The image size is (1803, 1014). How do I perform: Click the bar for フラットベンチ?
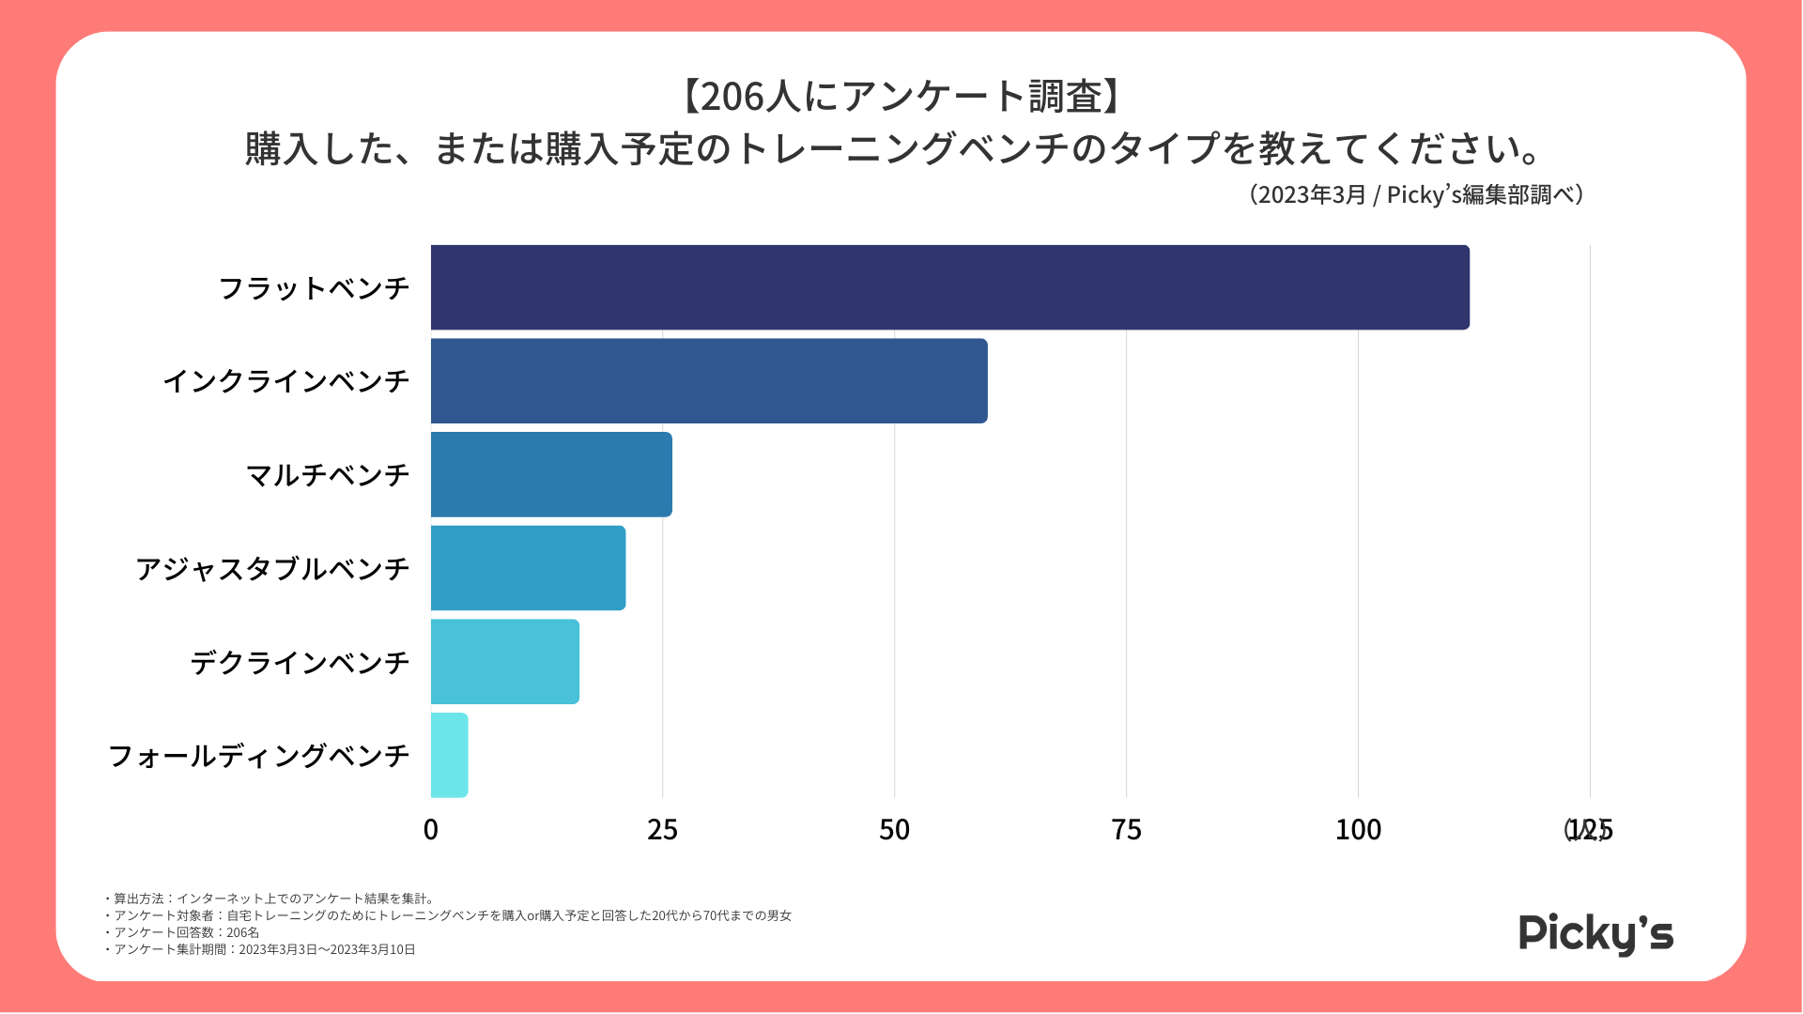(949, 287)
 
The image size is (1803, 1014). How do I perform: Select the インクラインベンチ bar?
(709, 381)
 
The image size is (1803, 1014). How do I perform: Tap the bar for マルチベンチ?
(551, 474)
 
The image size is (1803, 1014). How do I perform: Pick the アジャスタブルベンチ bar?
(528, 568)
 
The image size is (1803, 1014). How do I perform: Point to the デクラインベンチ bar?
(504, 662)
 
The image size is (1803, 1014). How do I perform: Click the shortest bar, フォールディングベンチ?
(449, 755)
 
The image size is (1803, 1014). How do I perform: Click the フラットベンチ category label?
(314, 288)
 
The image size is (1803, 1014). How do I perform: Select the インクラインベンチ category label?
(286, 381)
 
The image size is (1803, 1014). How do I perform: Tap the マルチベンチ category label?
(328, 475)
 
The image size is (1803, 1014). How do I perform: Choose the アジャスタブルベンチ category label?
(272, 569)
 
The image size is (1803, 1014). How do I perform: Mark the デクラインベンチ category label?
(300, 663)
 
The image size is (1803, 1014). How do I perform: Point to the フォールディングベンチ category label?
(259, 756)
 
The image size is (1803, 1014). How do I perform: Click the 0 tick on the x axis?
(431, 830)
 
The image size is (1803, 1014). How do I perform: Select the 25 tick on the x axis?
(663, 830)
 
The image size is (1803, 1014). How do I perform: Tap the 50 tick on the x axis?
(895, 830)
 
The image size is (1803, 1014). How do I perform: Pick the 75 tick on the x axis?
(1126, 830)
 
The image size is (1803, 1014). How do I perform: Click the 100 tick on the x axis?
(1358, 830)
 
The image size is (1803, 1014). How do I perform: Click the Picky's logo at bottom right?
(1595, 933)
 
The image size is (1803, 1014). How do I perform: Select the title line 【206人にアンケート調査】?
(901, 97)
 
